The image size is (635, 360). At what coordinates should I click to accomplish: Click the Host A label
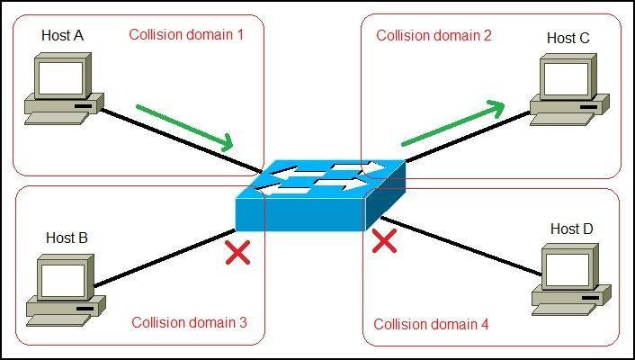click(62, 36)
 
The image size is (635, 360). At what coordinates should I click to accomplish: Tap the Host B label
click(67, 238)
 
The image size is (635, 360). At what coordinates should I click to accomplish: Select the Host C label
click(568, 38)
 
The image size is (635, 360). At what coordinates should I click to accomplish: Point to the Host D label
click(571, 229)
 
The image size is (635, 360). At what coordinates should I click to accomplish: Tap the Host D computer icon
click(572, 277)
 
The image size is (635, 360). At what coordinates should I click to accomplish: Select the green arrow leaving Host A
click(184, 126)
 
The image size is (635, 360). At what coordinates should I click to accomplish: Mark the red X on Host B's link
click(237, 253)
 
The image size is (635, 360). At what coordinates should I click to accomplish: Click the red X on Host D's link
click(385, 240)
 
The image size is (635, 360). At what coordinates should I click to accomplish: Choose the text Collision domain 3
click(189, 322)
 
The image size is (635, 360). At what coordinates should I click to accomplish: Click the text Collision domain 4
click(431, 324)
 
